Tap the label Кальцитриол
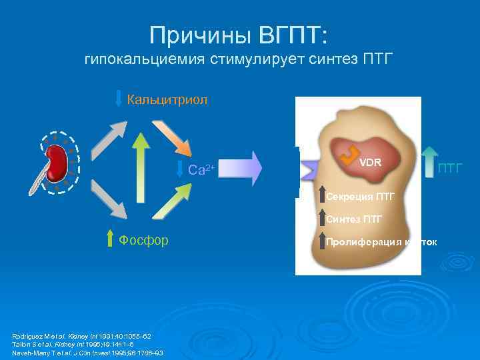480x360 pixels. click(167, 100)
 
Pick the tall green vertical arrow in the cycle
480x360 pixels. click(140, 175)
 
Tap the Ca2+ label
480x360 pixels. click(201, 170)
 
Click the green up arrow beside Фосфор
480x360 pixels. click(111, 238)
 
